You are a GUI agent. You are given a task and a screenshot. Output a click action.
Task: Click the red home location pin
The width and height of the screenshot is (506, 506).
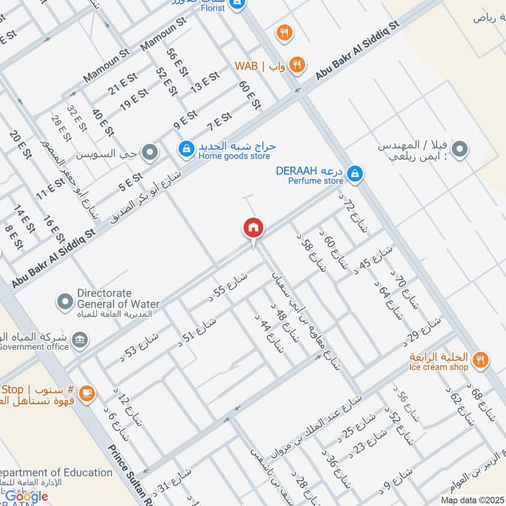coord(253,228)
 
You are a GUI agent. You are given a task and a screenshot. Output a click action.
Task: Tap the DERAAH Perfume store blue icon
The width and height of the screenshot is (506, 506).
coord(355,172)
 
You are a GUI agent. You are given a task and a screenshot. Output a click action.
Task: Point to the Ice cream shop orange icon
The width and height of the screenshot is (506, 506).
coord(481,359)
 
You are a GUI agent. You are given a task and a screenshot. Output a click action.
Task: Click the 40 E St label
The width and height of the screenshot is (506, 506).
coord(102,123)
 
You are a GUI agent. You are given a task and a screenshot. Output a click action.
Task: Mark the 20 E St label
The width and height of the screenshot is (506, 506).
coord(20,145)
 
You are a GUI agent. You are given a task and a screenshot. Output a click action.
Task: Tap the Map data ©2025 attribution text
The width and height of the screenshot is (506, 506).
coord(472,500)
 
